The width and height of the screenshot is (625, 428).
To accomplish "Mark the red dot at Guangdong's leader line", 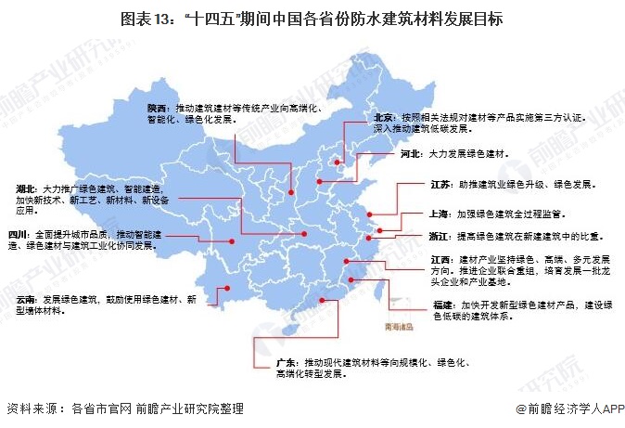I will (322, 302).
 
